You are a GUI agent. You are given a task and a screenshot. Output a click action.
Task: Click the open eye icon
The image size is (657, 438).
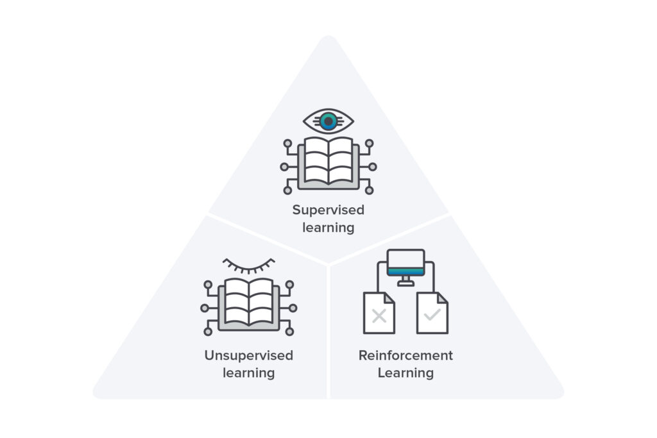click(x=328, y=120)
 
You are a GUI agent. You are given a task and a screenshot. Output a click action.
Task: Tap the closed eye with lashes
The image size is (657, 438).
click(x=249, y=265)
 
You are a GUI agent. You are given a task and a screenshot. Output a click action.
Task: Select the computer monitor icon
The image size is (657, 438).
click(x=405, y=263)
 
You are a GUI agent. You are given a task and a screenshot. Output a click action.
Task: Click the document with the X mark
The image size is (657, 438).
click(x=379, y=313)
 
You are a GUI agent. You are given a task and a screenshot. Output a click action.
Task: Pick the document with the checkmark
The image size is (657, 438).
click(x=432, y=313)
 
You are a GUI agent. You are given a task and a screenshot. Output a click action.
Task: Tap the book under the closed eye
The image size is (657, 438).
click(x=249, y=301)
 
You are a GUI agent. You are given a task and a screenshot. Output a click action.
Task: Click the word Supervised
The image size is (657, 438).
click(x=328, y=210)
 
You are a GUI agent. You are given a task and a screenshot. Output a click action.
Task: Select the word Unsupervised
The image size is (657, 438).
click(x=249, y=355)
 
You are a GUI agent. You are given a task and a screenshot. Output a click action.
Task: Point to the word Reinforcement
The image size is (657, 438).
click(x=405, y=355)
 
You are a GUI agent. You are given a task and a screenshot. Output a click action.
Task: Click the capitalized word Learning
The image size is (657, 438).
click(x=405, y=373)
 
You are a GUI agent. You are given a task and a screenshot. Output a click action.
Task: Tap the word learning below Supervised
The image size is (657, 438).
click(x=328, y=227)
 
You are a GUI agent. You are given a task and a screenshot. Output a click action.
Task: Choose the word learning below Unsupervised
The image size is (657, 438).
click(x=249, y=373)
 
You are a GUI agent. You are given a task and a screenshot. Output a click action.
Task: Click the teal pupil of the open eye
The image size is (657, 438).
click(x=328, y=121)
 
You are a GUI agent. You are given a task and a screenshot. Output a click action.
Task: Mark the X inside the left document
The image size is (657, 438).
click(x=379, y=316)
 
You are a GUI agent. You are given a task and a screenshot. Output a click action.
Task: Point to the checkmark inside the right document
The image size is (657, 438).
click(x=432, y=316)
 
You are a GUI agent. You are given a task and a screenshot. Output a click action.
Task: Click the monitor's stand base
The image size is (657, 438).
click(x=405, y=283)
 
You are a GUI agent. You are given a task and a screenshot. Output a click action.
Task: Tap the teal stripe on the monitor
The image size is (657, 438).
click(x=405, y=271)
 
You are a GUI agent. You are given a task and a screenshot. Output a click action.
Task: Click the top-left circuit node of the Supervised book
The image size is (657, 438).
click(x=287, y=143)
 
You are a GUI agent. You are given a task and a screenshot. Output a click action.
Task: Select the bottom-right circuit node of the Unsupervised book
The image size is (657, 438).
click(x=289, y=332)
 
